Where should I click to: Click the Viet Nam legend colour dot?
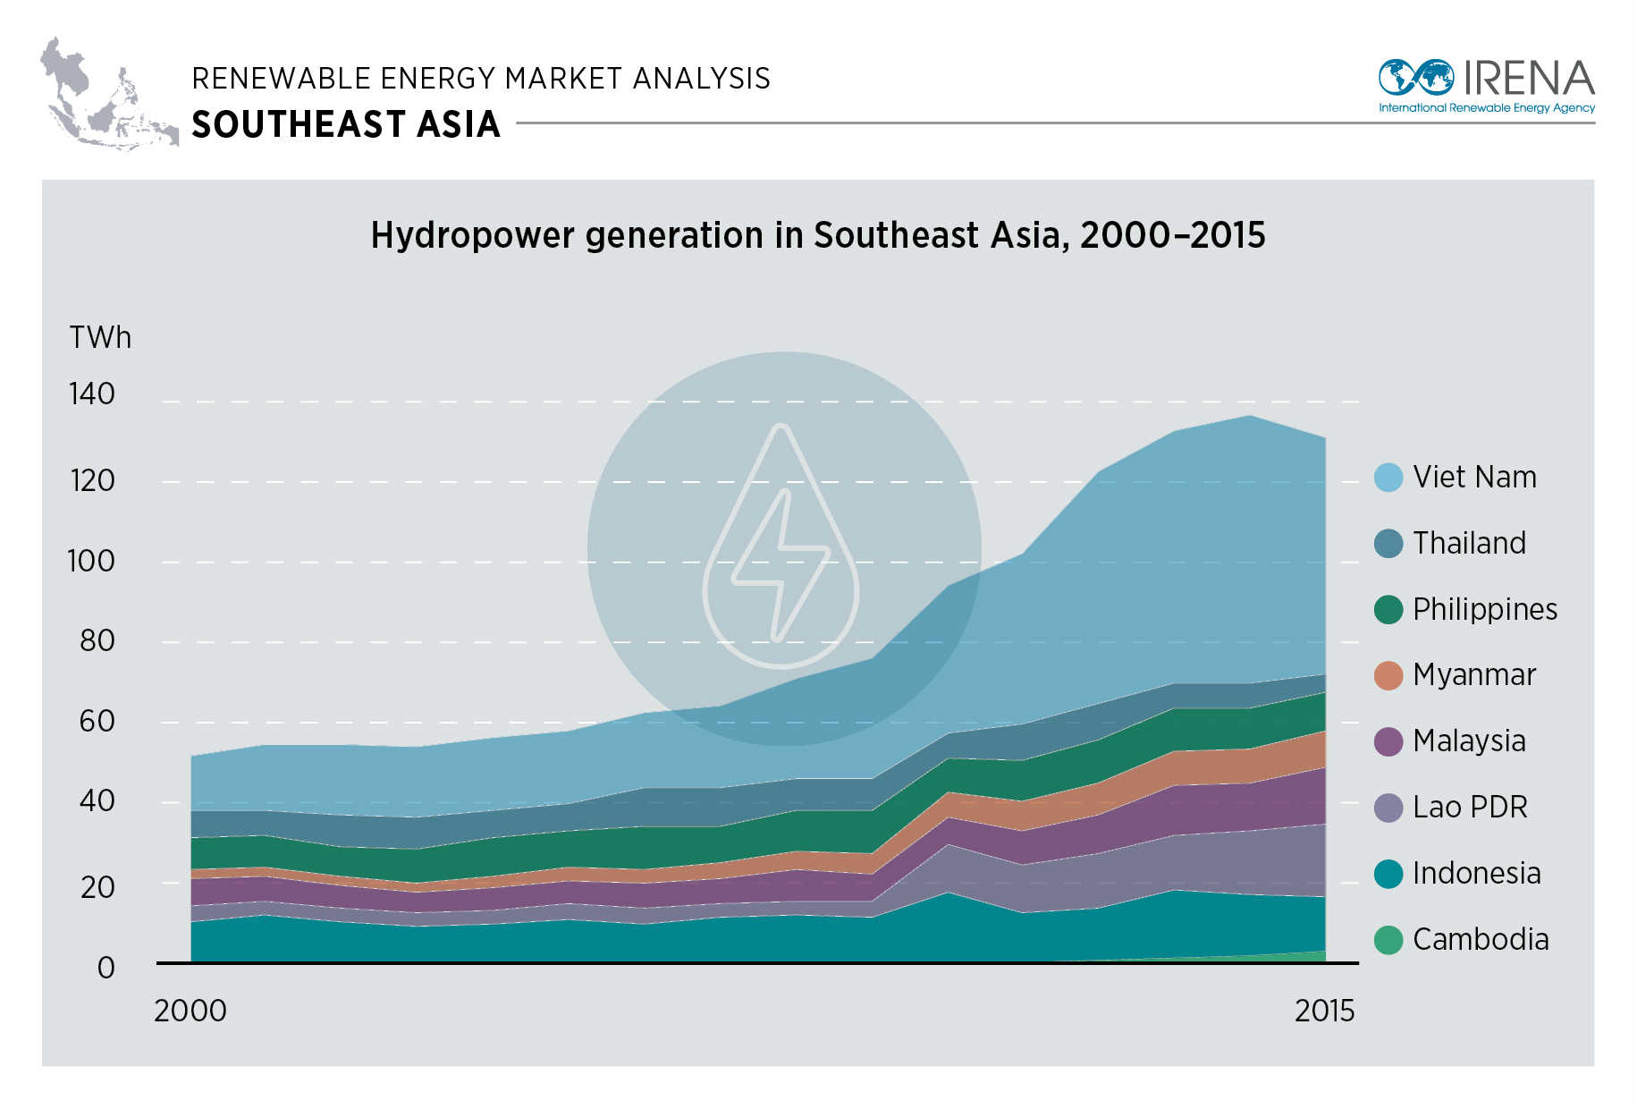(1388, 478)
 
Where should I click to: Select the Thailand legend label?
(1469, 544)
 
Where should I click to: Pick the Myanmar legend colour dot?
(1388, 675)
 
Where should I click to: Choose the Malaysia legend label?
(1469, 741)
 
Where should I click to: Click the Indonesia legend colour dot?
(1388, 874)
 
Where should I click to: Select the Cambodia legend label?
(1481, 940)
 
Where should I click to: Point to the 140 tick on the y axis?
(92, 394)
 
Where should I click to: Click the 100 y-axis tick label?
(91, 561)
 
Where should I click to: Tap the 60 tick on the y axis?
(97, 721)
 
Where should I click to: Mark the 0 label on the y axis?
(105, 968)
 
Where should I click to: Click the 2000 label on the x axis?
(190, 1011)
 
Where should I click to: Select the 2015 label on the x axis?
(1324, 1011)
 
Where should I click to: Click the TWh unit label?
(100, 338)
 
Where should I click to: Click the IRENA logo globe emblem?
(1415, 78)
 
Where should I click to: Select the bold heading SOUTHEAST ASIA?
(346, 124)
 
